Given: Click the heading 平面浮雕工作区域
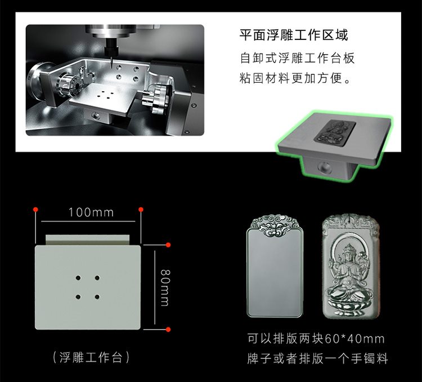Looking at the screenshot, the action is coord(294,35).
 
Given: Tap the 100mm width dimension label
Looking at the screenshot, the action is coord(91,212).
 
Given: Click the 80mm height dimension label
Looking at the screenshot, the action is coord(165,287).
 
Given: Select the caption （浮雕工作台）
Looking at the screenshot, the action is coord(91,357).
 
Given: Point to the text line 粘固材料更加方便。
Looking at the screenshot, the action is coord(295,78).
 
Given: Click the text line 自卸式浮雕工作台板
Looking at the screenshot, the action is coord(297,58).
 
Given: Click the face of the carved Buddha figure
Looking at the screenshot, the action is coord(349,256).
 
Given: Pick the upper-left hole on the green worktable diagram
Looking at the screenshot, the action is coord(78,278).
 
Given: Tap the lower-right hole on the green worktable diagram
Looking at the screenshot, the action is coord(97,297).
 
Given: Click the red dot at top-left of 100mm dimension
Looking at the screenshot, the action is coord(35,210).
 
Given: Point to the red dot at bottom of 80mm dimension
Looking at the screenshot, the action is coord(168,330).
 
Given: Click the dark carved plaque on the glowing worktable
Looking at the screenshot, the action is coord(335,132).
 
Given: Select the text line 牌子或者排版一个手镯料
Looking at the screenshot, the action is coord(317,359).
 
